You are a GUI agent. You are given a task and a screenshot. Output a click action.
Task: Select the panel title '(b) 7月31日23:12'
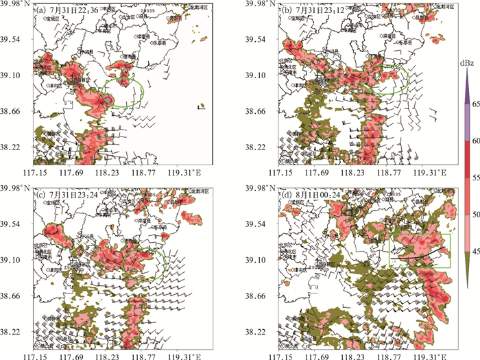pyautogui.click(x=316, y=11)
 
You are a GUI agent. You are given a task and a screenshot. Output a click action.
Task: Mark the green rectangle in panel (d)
pyautogui.click(x=419, y=251)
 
